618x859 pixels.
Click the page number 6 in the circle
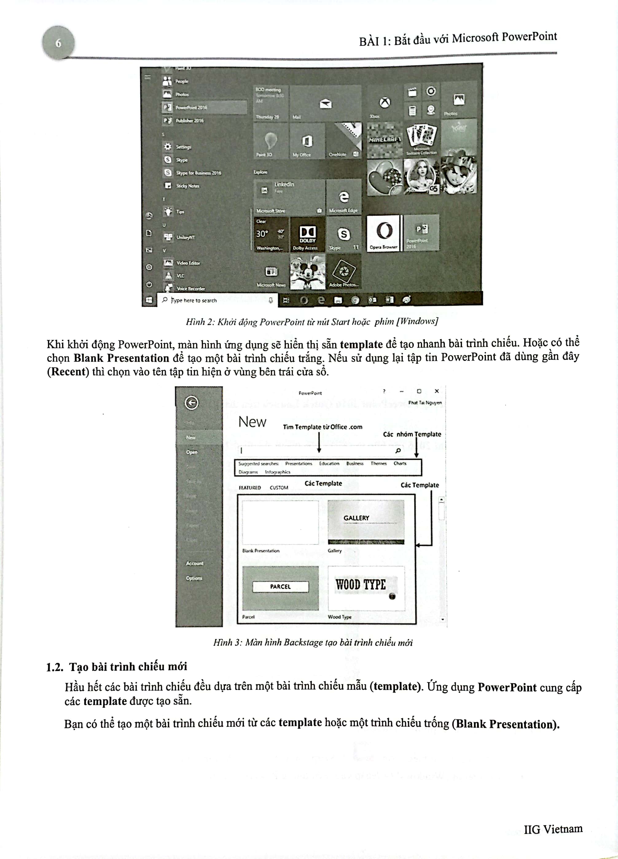pos(58,43)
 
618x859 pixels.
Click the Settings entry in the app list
pos(183,147)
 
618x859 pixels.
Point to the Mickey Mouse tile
pos(307,272)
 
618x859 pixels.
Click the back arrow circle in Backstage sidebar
pos(192,402)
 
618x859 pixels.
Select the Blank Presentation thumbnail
pos(280,522)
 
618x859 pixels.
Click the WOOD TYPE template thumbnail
pos(366,588)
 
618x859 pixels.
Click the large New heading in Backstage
pos(252,422)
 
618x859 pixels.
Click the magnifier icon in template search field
pos(397,450)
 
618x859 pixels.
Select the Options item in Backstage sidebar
pos(194,578)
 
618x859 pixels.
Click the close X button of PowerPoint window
pos(436,391)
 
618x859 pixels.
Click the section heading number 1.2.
pos(55,667)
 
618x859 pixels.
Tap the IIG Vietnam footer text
pos(553,830)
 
